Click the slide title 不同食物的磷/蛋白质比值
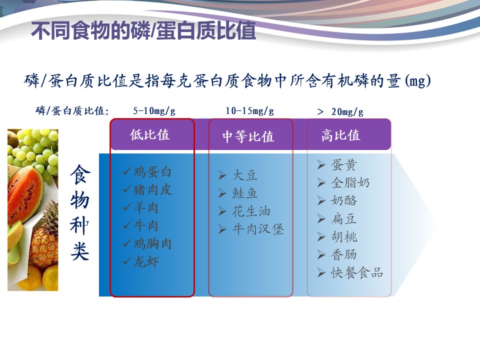[143, 30]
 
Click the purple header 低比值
[149, 134]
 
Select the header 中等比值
[248, 136]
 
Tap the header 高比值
[340, 135]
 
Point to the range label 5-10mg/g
[154, 110]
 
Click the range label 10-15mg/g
[250, 110]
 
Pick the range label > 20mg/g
[340, 111]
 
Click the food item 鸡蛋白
[152, 171]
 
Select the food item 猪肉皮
[152, 190]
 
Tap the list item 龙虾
[146, 261]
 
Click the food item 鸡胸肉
[152, 243]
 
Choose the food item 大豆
[245, 175]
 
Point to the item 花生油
[251, 211]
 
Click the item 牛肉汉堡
[258, 229]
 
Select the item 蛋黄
[344, 165]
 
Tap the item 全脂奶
[350, 183]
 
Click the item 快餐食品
[357, 272]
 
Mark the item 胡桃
[344, 236]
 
